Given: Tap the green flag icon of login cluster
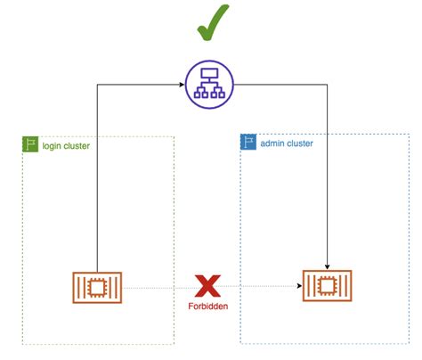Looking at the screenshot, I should coord(29,143).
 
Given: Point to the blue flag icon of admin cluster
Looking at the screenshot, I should coord(248,143).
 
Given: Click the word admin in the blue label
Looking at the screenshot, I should coord(274,143).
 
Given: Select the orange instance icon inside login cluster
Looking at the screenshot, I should coord(96,286).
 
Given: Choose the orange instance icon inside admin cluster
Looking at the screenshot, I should coord(328,286).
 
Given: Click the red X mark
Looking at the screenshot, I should coord(207,285).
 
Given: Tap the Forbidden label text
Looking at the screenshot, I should coord(207,307).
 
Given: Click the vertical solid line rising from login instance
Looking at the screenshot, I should coord(96,178).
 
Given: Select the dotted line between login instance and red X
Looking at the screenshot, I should coord(156,286).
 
